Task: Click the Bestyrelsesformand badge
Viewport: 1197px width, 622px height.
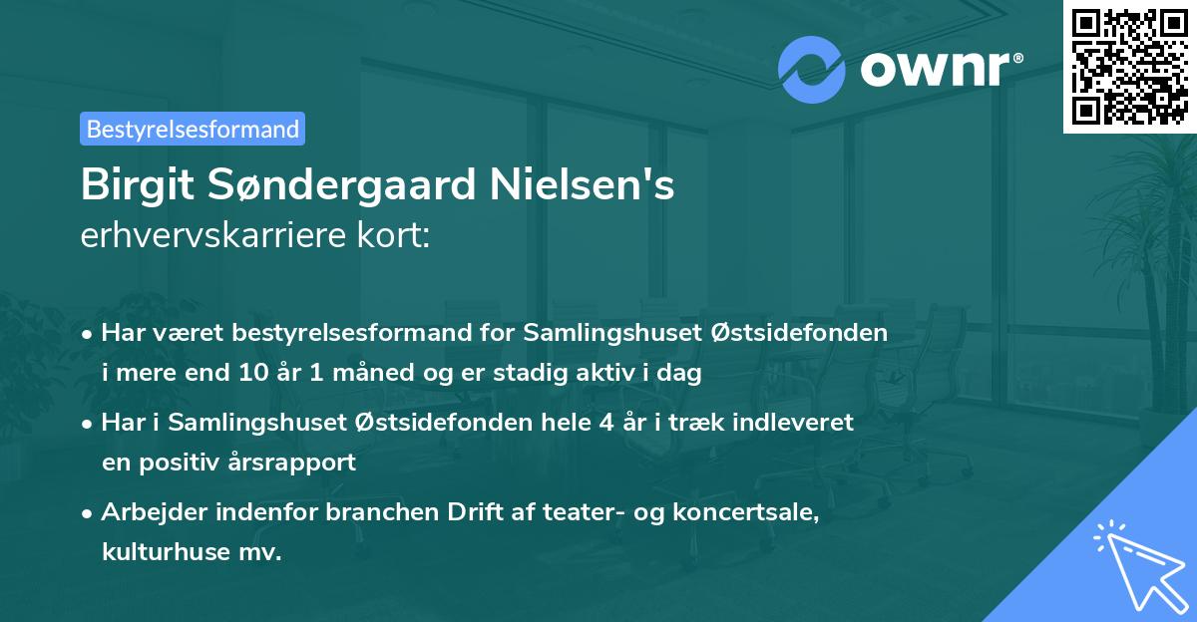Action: pyautogui.click(x=193, y=129)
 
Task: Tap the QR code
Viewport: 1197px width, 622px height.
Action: pyautogui.click(x=1128, y=66)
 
